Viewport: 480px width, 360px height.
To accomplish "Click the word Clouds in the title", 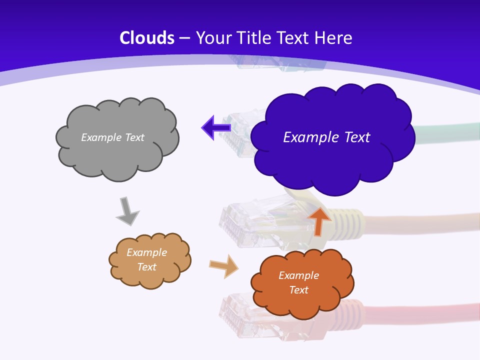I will [147, 38].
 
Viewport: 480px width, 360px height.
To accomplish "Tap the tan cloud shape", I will [150, 277].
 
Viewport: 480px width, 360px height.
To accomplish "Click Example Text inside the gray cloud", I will [112, 137].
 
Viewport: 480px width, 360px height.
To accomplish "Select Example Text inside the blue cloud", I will [326, 137].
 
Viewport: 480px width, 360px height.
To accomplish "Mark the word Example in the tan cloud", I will [146, 252].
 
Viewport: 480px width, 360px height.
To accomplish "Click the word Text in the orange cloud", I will [298, 290].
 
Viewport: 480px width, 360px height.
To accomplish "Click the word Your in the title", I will [212, 38].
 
